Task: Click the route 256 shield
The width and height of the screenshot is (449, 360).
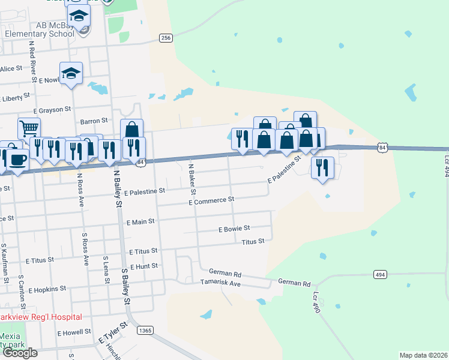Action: pyautogui.click(x=166, y=38)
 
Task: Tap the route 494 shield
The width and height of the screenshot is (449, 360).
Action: pyautogui.click(x=379, y=274)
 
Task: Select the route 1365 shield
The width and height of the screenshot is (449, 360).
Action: pyautogui.click(x=144, y=330)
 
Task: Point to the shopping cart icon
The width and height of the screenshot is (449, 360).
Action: pyautogui.click(x=29, y=127)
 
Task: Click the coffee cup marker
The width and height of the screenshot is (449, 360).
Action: pyautogui.click(x=17, y=159)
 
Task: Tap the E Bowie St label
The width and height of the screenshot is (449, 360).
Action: pyautogui.click(x=234, y=229)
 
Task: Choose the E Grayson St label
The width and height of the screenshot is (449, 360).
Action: pyautogui.click(x=52, y=110)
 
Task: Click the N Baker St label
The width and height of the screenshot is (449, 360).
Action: pyautogui.click(x=192, y=179)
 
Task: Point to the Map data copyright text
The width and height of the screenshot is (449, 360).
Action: pyautogui.click(x=424, y=355)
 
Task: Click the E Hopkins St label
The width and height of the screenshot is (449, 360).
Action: pyautogui.click(x=47, y=289)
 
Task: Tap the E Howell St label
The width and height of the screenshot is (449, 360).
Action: pyautogui.click(x=74, y=332)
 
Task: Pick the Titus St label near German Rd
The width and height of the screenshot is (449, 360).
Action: pyautogui.click(x=253, y=241)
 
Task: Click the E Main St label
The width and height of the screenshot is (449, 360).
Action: pyautogui.click(x=141, y=221)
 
